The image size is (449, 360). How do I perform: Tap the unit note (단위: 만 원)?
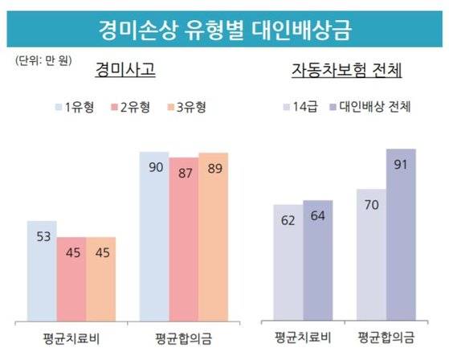(x=45, y=60)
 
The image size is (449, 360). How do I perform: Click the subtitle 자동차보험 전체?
(x=346, y=71)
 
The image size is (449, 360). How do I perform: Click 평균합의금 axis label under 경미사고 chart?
(x=183, y=335)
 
